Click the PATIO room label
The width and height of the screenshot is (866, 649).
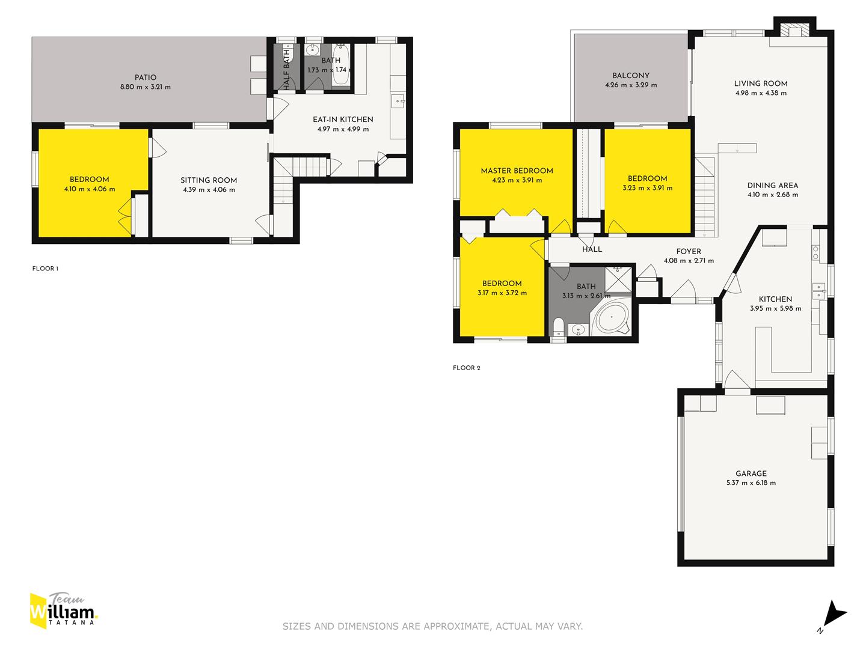point(145,78)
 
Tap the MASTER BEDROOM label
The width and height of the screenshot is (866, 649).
point(517,171)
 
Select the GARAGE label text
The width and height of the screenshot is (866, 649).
point(751,474)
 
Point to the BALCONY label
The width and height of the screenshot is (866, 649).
point(631,75)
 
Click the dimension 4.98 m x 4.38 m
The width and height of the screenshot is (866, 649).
point(761,93)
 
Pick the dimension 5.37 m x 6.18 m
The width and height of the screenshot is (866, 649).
point(751,483)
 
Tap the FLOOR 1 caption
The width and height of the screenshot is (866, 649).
point(45,269)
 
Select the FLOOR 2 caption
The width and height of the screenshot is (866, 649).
point(466,368)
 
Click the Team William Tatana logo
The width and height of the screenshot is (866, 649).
point(63,611)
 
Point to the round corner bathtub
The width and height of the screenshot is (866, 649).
point(612,317)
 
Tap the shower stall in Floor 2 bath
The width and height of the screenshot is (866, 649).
point(618,279)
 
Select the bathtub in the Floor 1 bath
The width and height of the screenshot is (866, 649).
point(341,65)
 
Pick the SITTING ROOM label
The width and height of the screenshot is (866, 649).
point(209,180)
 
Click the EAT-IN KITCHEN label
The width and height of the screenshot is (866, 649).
point(343,120)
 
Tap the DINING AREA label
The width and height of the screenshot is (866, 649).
point(773,185)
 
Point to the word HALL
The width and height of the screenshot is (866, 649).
point(592,249)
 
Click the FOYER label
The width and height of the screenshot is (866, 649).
point(689,251)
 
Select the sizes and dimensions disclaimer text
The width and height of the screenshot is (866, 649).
point(432,626)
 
